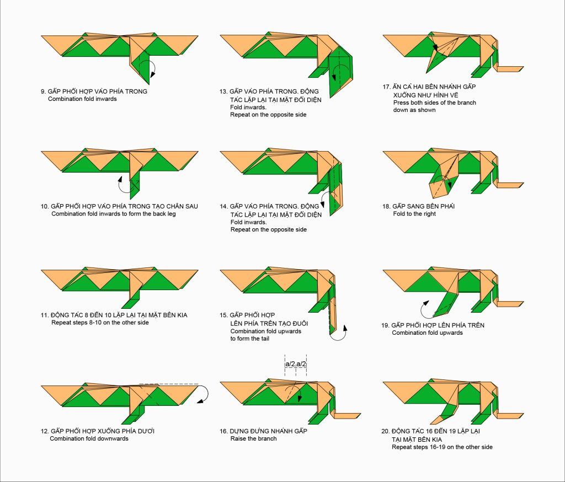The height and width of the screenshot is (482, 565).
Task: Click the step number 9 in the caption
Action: pyautogui.click(x=43, y=92)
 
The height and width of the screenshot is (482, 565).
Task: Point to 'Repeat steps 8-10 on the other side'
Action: pyautogui.click(x=100, y=323)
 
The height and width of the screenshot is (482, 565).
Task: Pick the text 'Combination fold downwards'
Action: pyautogui.click(x=89, y=438)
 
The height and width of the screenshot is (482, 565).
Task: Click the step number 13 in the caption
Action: pyautogui.click(x=223, y=92)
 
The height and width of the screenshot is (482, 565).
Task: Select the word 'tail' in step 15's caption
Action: pyautogui.click(x=264, y=339)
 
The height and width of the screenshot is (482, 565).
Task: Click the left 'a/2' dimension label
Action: pyautogui.click(x=290, y=364)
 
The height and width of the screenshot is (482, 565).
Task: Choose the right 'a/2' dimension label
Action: pyautogui.click(x=301, y=364)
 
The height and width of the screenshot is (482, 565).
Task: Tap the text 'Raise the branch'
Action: pyautogui.click(x=254, y=438)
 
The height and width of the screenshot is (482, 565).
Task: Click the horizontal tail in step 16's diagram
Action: pyautogui.click(x=345, y=416)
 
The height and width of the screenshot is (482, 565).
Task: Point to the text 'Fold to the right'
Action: pyautogui.click(x=414, y=213)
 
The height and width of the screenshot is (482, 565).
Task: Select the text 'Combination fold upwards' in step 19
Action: pyautogui.click(x=428, y=333)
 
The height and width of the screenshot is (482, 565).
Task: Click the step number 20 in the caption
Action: pyautogui.click(x=385, y=431)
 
